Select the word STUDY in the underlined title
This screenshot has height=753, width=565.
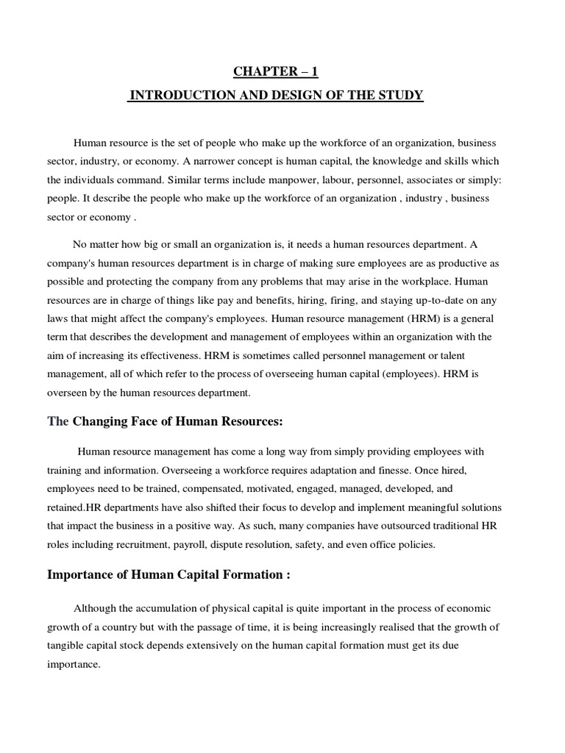(401, 96)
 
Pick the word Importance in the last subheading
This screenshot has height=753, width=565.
(81, 575)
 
